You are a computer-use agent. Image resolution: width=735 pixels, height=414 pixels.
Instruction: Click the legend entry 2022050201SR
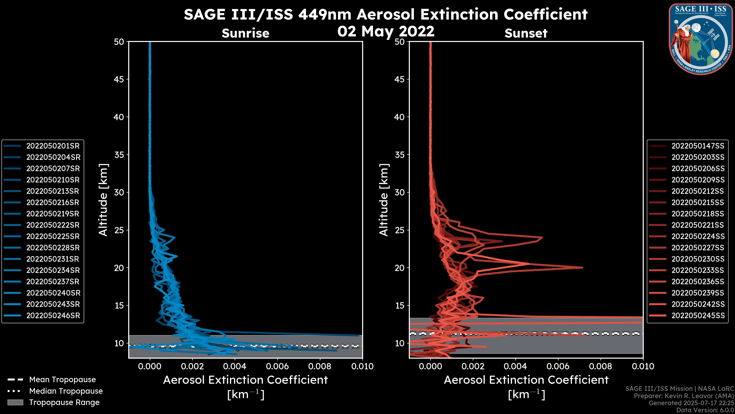coord(53,146)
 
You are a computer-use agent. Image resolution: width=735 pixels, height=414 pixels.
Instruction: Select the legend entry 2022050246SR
coord(53,316)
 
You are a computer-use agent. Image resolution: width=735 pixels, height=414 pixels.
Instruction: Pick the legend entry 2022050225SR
coord(53,237)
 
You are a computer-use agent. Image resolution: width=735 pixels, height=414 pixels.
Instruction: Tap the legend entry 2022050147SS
coord(698,146)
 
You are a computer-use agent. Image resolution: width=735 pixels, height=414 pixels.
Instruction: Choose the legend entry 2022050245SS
coord(698,316)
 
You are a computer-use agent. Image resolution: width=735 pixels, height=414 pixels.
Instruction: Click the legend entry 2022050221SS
coord(698,225)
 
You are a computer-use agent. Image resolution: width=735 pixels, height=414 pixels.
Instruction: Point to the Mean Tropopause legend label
coord(62,380)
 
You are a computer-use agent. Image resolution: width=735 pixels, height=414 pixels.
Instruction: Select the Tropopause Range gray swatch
coord(15,402)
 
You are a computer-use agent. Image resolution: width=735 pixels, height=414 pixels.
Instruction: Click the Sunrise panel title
coord(245,33)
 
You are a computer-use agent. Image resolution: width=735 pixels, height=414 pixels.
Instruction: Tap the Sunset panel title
coord(526,33)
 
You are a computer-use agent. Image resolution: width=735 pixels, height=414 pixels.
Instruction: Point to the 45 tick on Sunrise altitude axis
coord(119,79)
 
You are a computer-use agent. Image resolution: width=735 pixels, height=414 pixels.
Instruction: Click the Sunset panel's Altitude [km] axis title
coord(384,200)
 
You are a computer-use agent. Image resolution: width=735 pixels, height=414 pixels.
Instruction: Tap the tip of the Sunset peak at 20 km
coord(582,268)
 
